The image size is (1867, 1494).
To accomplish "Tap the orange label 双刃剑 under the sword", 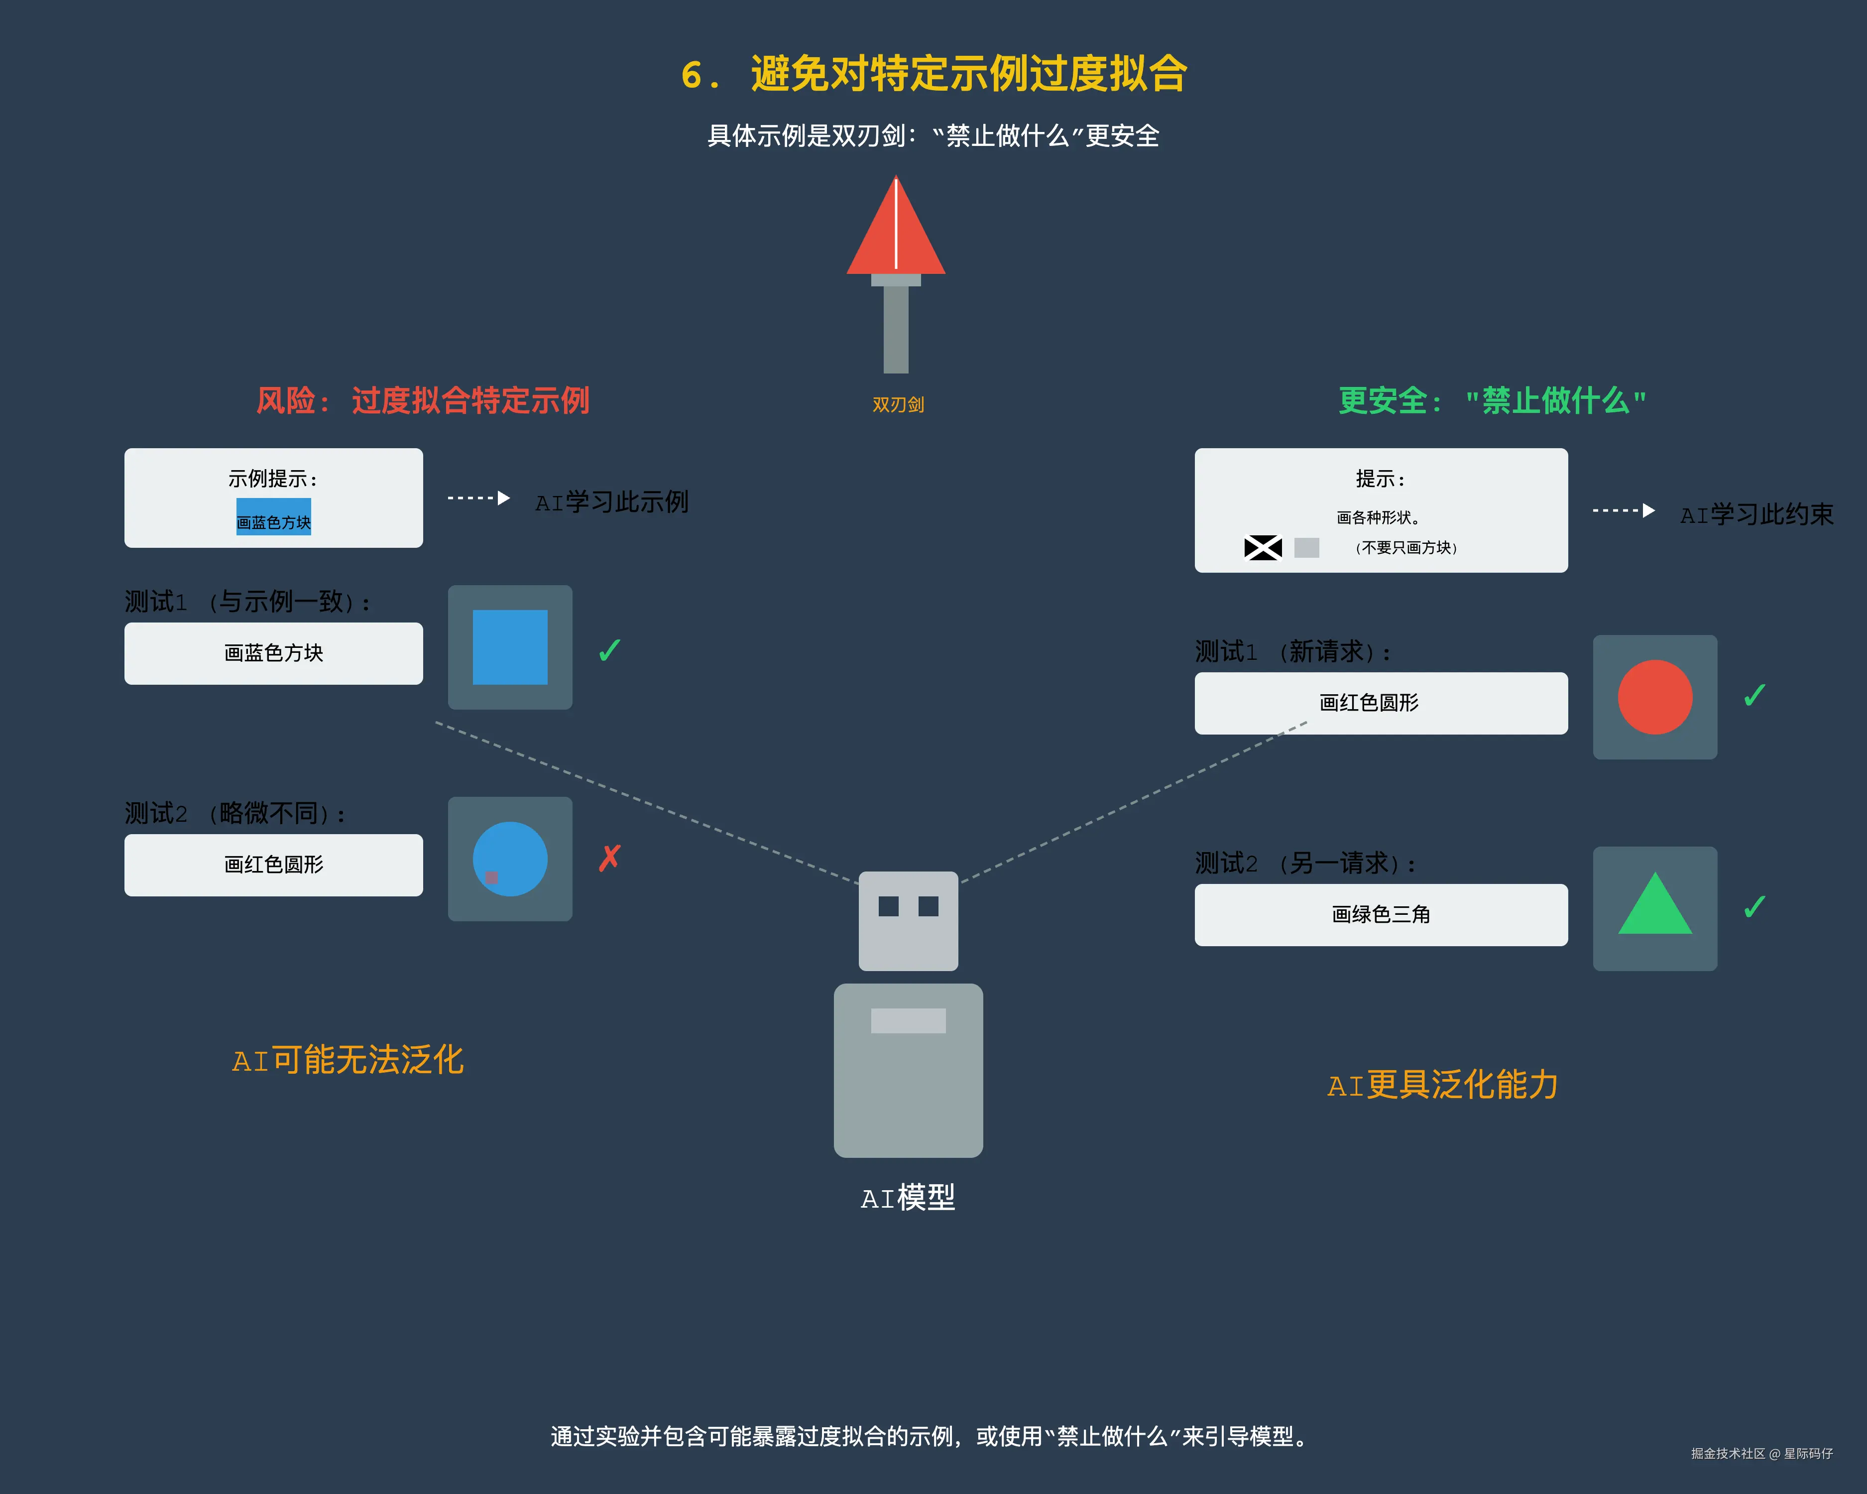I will [x=898, y=404].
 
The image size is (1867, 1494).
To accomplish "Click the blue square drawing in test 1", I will [x=510, y=647].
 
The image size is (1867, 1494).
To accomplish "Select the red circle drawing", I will [x=1655, y=697].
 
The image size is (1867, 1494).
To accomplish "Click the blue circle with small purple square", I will [x=510, y=858].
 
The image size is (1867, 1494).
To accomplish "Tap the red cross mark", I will [x=609, y=858].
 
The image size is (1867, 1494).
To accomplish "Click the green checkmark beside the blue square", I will [x=609, y=650].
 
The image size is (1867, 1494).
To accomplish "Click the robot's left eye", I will [x=889, y=906].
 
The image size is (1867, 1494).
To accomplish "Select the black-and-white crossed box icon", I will [x=1263, y=547].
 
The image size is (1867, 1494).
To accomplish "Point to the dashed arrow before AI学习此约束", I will [x=1624, y=511].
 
